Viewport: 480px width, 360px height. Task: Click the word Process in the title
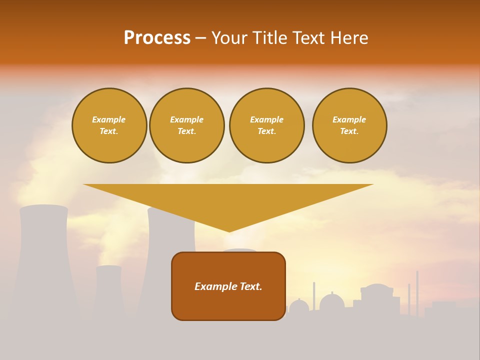click(x=157, y=38)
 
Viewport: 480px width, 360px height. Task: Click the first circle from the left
click(x=109, y=125)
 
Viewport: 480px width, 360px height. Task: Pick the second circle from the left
click(x=186, y=125)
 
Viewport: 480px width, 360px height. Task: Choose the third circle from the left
click(x=266, y=125)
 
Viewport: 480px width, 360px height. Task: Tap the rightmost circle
click(x=349, y=125)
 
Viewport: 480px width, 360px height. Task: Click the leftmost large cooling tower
click(x=44, y=260)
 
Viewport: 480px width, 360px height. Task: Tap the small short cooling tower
click(x=108, y=290)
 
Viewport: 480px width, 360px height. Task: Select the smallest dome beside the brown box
click(x=299, y=306)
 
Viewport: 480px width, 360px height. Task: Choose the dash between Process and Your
click(x=200, y=38)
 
